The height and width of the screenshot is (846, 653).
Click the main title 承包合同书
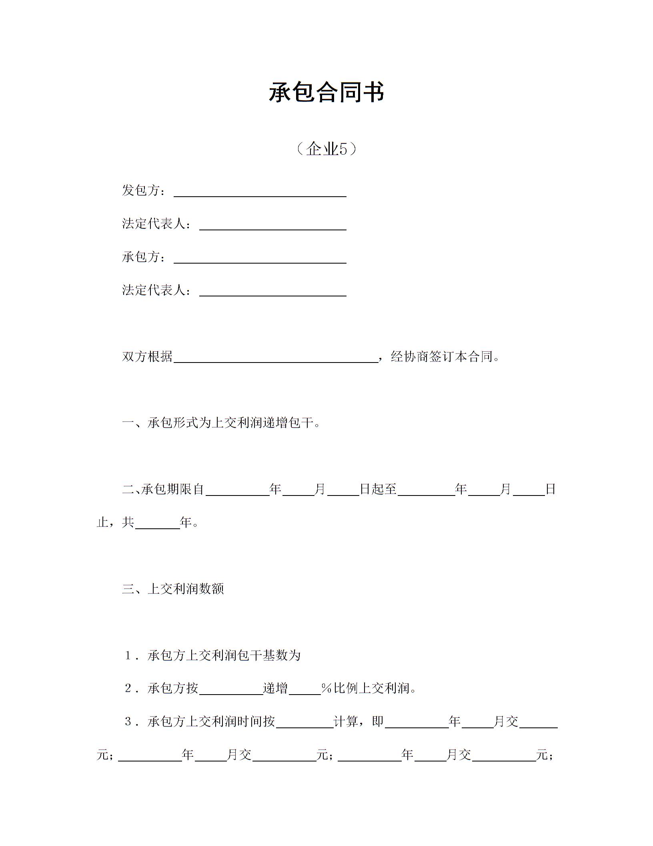tap(326, 92)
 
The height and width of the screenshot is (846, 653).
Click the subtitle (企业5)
tap(326, 149)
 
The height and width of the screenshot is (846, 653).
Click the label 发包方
tap(141, 191)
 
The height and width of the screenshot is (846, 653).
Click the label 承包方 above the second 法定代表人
tap(141, 257)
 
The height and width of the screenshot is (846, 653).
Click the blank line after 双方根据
tap(276, 358)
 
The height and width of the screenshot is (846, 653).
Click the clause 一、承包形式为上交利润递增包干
tap(221, 423)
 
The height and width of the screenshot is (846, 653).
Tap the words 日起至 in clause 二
tap(378, 489)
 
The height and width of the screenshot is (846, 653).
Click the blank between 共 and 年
tap(158, 525)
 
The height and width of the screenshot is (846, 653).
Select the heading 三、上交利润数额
tap(173, 589)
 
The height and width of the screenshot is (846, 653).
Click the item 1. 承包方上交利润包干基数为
tap(212, 655)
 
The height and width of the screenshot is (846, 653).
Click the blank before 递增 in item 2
tap(231, 691)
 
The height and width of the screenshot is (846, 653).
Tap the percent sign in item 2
tap(326, 689)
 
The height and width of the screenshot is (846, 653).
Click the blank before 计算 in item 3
tap(304, 724)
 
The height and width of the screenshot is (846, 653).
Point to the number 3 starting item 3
tap(128, 722)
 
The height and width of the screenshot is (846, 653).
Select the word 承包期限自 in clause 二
tap(173, 489)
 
